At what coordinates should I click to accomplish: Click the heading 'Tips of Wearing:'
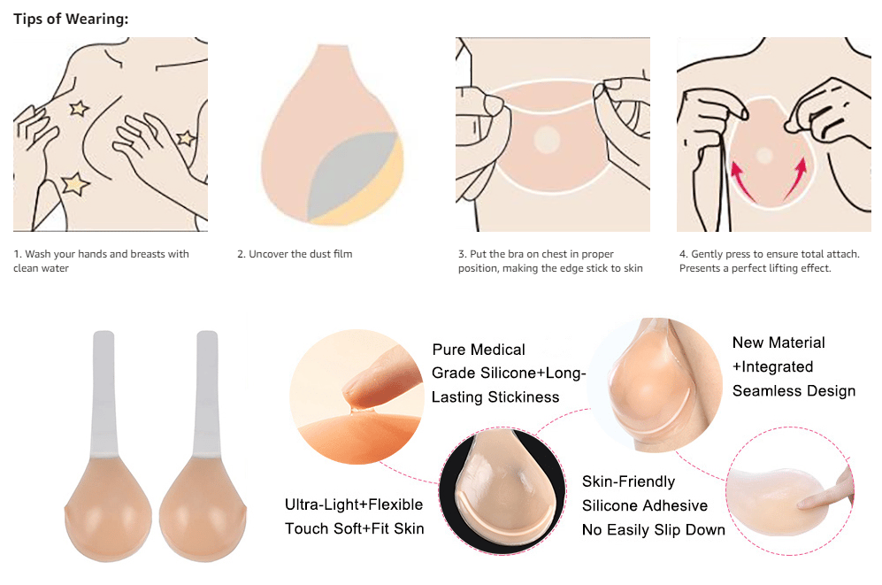pos(71,19)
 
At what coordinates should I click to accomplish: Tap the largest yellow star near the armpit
pos(75,184)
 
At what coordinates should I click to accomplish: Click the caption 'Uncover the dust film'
pos(301,254)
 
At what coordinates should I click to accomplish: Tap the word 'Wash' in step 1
pos(38,254)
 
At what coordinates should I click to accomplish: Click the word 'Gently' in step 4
pos(706,254)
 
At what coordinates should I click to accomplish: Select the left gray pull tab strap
pos(104,393)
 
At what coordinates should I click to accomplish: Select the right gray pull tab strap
pos(207,393)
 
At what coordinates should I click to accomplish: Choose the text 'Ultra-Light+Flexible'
pos(354,504)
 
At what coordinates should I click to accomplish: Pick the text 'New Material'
pos(778,343)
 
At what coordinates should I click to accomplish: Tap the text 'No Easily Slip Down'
pos(654,530)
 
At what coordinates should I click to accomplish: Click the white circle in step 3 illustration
pos(547,140)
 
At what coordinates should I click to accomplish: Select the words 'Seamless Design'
pos(794,391)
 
